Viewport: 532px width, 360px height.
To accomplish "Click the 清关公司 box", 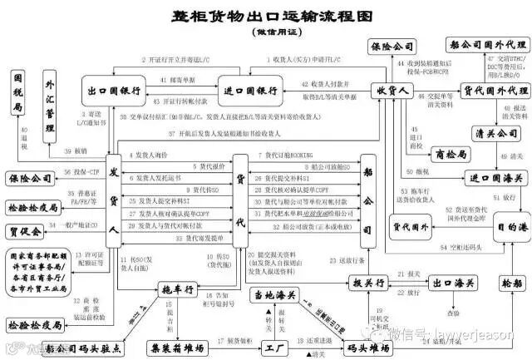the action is (490, 132).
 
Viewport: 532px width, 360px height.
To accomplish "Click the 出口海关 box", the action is (444, 283).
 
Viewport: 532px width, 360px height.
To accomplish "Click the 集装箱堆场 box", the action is (185, 346).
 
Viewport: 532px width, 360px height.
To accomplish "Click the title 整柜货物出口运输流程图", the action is (261, 17).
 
